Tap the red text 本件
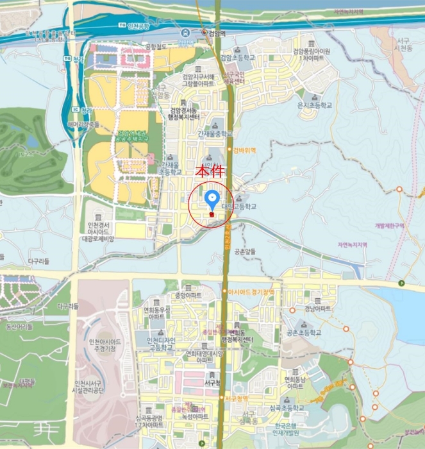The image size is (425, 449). pyautogui.click(x=211, y=173)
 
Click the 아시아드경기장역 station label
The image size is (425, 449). pyautogui.click(x=251, y=292)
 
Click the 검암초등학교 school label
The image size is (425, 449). pyautogui.click(x=237, y=57)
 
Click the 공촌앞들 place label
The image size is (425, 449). pyautogui.click(x=246, y=251)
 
